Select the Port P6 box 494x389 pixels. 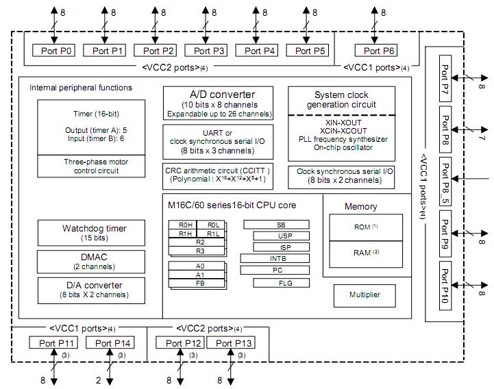(380, 51)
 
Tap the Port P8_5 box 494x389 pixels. (445, 182)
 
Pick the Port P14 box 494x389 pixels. (113, 343)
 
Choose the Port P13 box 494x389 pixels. (230, 343)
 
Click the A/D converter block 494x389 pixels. (218, 103)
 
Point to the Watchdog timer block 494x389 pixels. (92, 232)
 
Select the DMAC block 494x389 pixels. (92, 261)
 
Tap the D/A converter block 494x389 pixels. (92, 289)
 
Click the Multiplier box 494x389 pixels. (363, 295)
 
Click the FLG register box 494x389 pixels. (281, 283)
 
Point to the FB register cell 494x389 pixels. (200, 282)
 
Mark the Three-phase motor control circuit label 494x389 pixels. (92, 166)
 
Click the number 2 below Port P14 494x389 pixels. (98, 380)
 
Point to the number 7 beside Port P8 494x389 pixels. (482, 138)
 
